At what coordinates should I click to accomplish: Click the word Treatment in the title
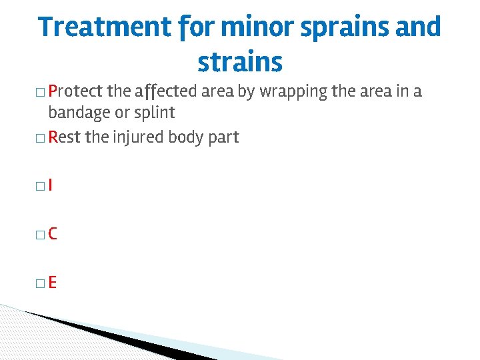(104, 27)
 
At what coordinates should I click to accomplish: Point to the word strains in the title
(240, 63)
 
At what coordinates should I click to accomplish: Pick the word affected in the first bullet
(165, 91)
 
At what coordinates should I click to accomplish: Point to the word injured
(137, 138)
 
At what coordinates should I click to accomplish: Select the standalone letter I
(51, 185)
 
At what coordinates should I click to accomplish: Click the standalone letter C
(53, 233)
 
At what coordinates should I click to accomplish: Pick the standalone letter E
(52, 282)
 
